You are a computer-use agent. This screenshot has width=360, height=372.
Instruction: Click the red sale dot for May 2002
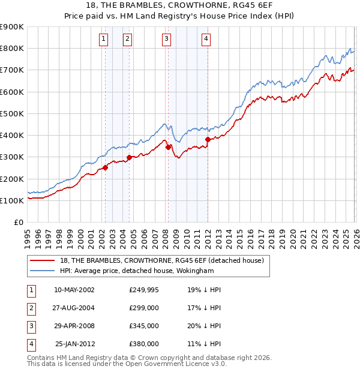click(x=105, y=167)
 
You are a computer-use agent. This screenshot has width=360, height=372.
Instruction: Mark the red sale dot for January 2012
click(x=208, y=139)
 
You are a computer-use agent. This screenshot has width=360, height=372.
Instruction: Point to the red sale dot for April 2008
click(x=168, y=146)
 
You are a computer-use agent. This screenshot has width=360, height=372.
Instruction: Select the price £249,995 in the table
click(x=144, y=289)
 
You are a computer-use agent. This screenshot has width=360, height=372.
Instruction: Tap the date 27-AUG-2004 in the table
click(x=74, y=307)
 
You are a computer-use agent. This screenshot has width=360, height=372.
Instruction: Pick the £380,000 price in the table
click(x=144, y=344)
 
